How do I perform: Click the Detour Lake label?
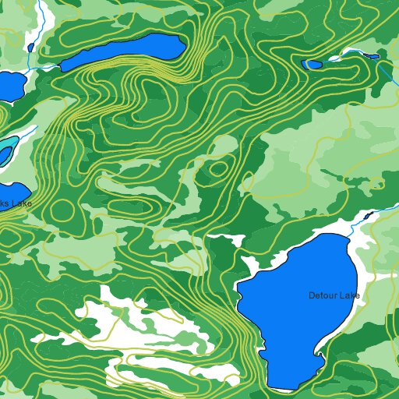(334, 295)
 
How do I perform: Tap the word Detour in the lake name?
(323, 295)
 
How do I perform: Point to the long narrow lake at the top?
(125, 51)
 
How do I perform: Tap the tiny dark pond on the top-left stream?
(30, 48)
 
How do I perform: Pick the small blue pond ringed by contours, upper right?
(312, 64)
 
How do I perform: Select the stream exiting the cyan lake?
(27, 132)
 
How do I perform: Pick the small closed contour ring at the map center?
(219, 168)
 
